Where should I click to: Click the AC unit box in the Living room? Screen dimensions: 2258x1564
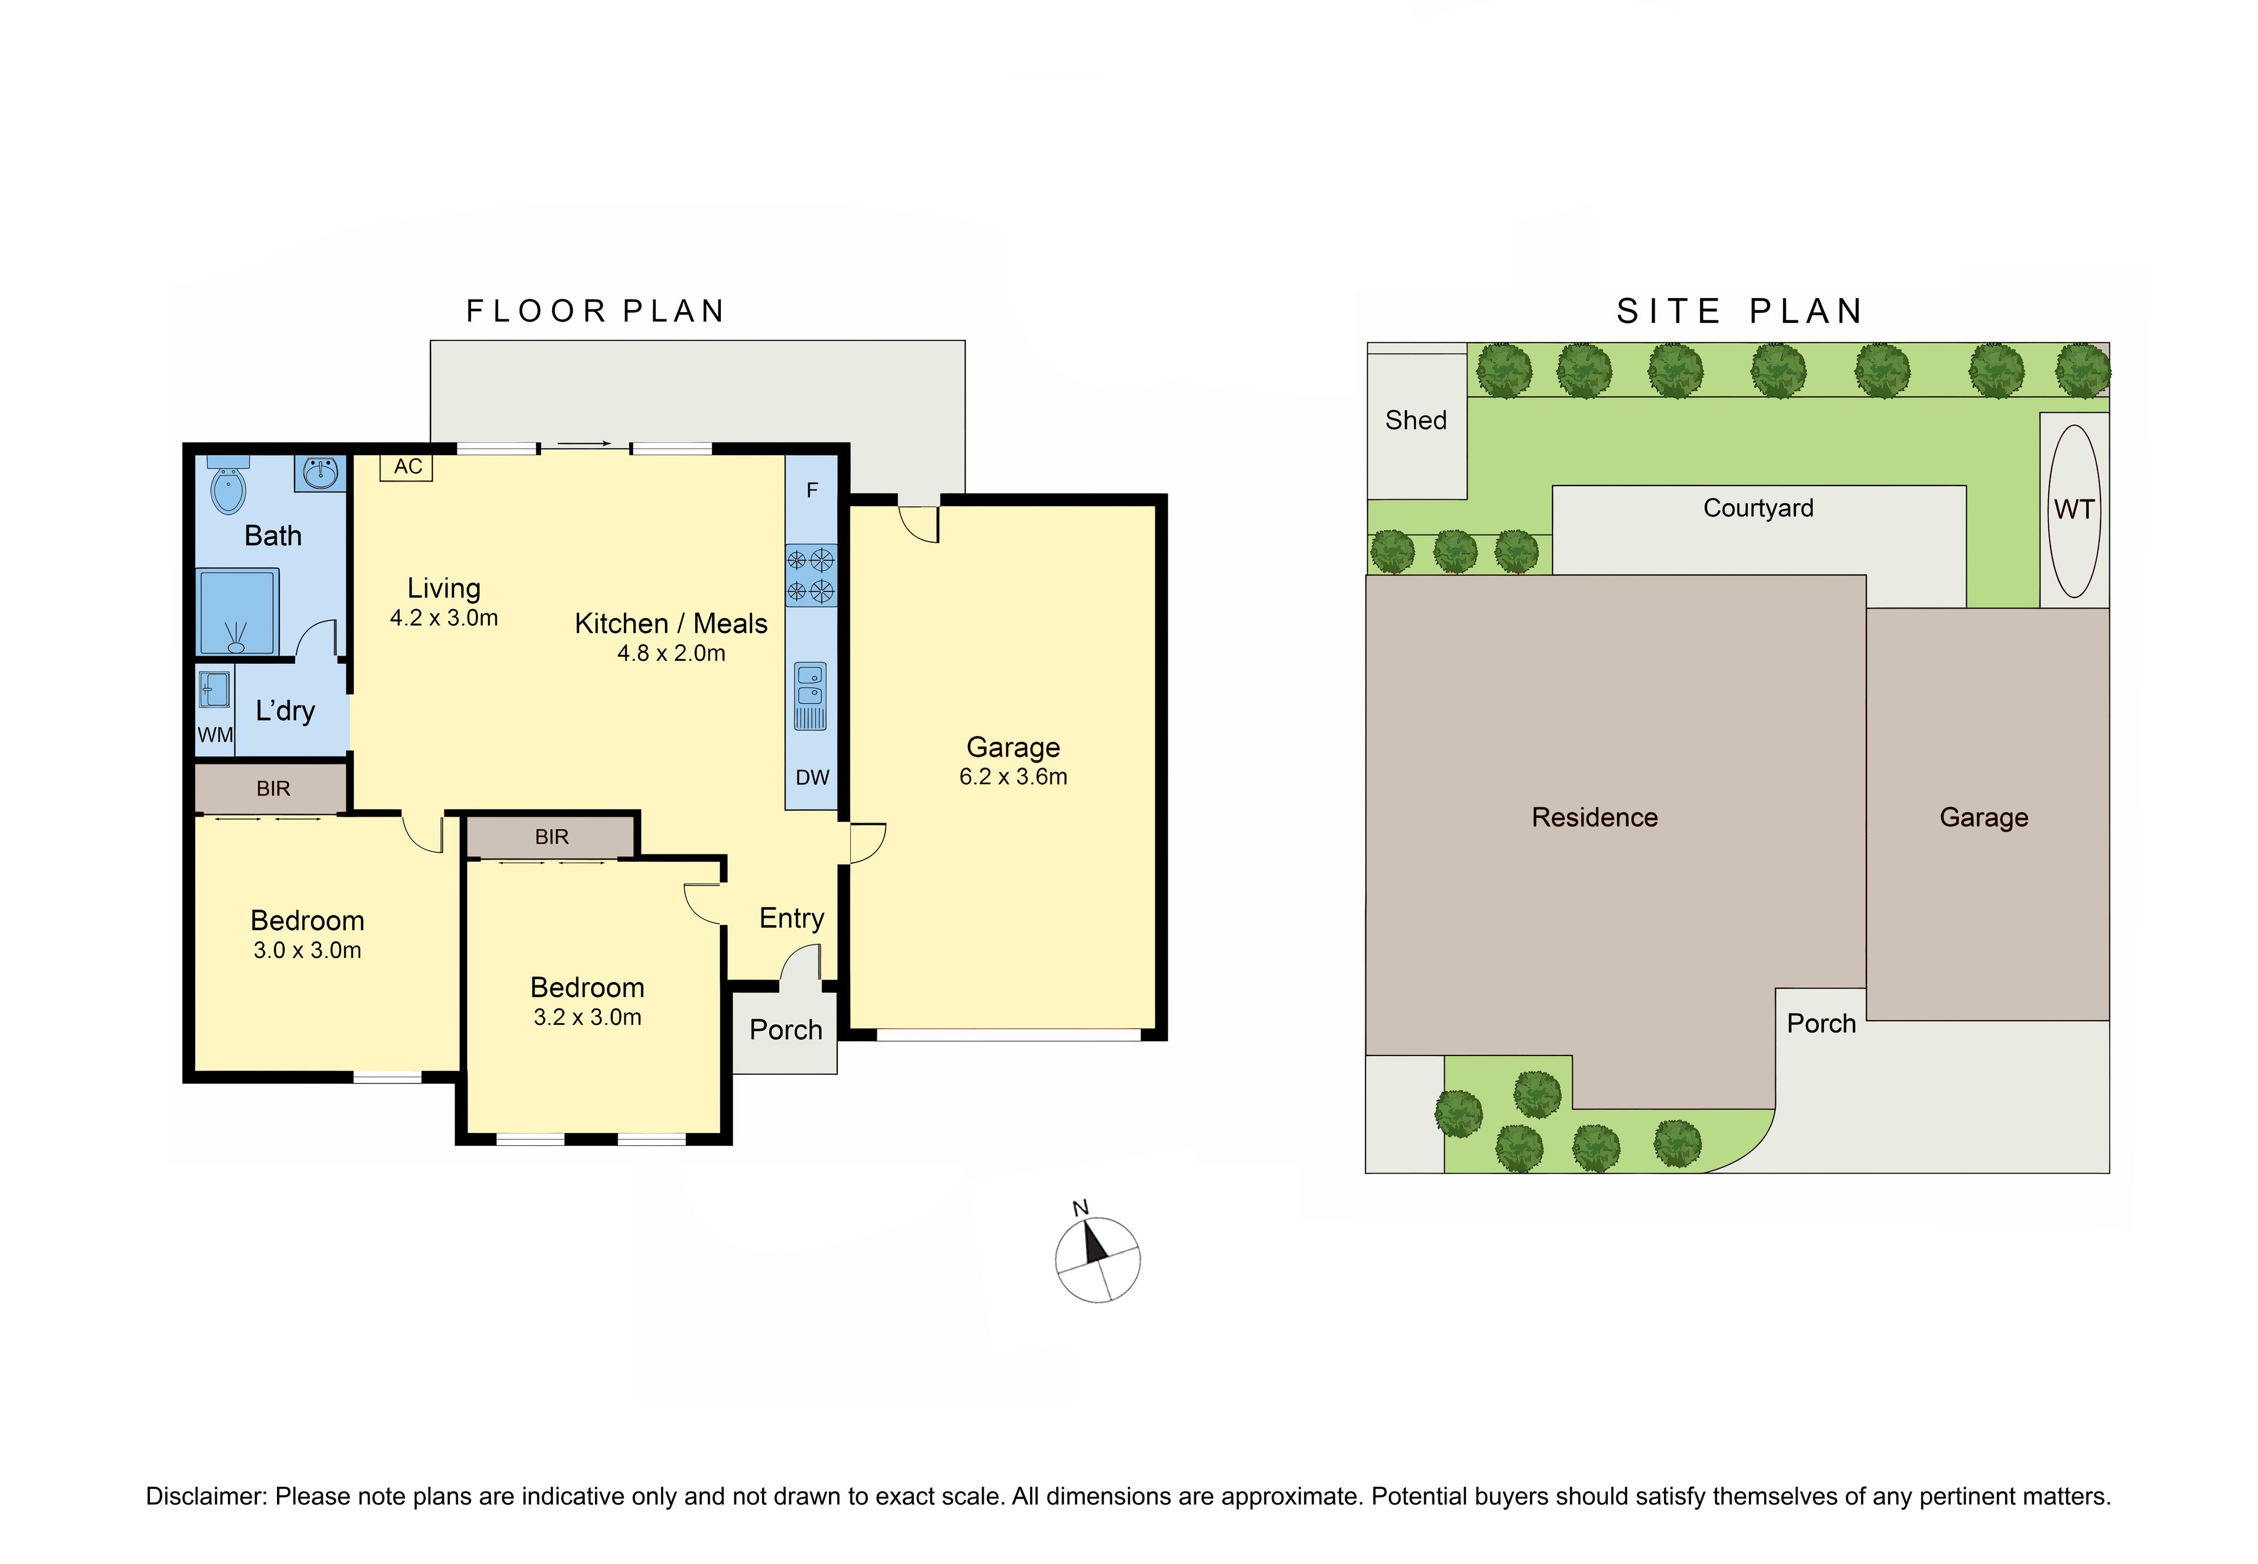(x=406, y=466)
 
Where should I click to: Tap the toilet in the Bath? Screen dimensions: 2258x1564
(x=228, y=486)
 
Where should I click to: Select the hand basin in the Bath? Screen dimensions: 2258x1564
(x=319, y=473)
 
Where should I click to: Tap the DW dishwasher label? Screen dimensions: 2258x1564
(x=811, y=777)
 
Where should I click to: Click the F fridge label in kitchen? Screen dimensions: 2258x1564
(x=811, y=490)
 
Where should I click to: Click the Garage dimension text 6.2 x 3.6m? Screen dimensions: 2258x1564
(x=1013, y=776)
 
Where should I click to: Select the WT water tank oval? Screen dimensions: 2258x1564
(x=2074, y=510)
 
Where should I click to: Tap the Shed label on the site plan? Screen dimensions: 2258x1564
(x=1415, y=420)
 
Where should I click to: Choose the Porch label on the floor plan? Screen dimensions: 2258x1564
(x=785, y=1030)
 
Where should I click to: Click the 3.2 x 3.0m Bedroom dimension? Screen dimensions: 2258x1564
(x=587, y=1017)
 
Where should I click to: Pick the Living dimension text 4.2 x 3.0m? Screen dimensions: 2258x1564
(x=444, y=617)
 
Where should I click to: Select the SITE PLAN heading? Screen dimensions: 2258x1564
(x=1739, y=312)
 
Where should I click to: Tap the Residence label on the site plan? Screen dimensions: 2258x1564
(x=1595, y=817)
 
